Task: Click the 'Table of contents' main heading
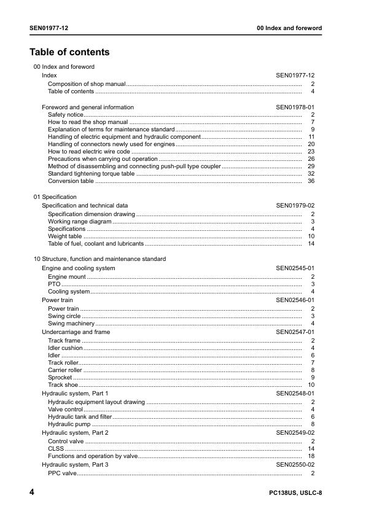(69, 52)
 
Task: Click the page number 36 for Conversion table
(311, 181)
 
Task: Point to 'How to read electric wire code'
(89, 152)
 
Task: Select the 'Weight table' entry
(64, 236)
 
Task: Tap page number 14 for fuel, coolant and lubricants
(311, 244)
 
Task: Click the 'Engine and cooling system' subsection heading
(78, 268)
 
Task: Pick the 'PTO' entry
(53, 284)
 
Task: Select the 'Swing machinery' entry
(71, 324)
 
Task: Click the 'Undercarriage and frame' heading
(76, 332)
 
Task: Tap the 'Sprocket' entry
(60, 378)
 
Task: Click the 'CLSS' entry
(55, 449)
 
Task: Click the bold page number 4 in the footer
(32, 493)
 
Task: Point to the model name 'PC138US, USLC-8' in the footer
(295, 494)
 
